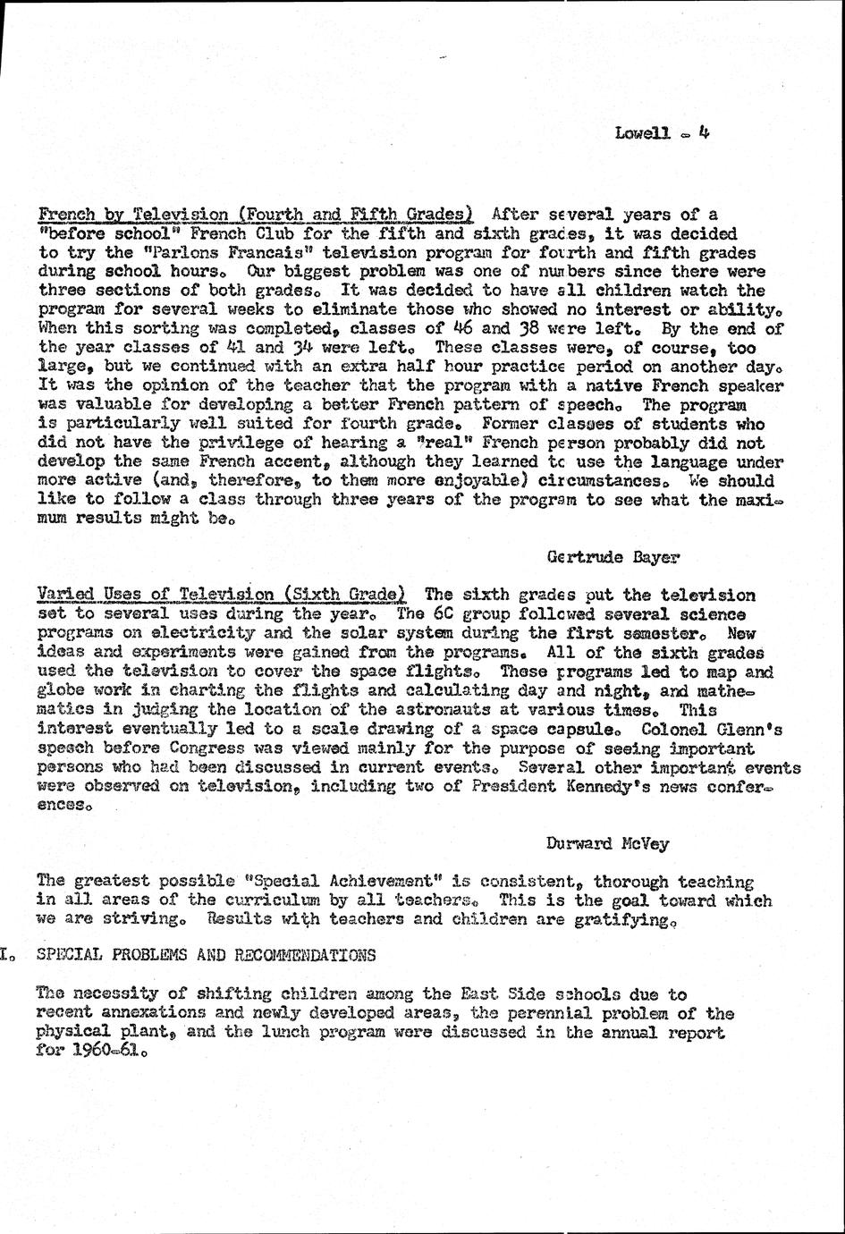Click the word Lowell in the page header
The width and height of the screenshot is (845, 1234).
(642, 133)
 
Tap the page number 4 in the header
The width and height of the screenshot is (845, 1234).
(704, 132)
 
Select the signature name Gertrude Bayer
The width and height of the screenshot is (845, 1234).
(612, 557)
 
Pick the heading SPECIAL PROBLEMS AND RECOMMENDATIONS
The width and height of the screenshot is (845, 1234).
(207, 955)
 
